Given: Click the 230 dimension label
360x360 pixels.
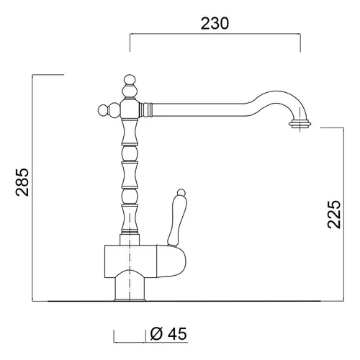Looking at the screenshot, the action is [215, 24].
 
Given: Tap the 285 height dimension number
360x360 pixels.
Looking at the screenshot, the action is [22, 182].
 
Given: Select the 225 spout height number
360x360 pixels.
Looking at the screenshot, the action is [334, 215].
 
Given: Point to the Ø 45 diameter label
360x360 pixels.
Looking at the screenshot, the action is [168, 333].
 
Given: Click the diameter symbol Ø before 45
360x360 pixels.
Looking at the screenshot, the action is [156, 333].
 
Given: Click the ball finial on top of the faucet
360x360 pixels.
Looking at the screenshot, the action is [130, 80].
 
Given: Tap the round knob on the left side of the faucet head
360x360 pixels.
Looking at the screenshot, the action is [103, 110].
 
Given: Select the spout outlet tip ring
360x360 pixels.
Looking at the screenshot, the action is [300, 125].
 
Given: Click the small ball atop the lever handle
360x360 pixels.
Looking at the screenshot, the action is [181, 193].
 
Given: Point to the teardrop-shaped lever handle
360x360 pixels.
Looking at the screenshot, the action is [176, 221].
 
